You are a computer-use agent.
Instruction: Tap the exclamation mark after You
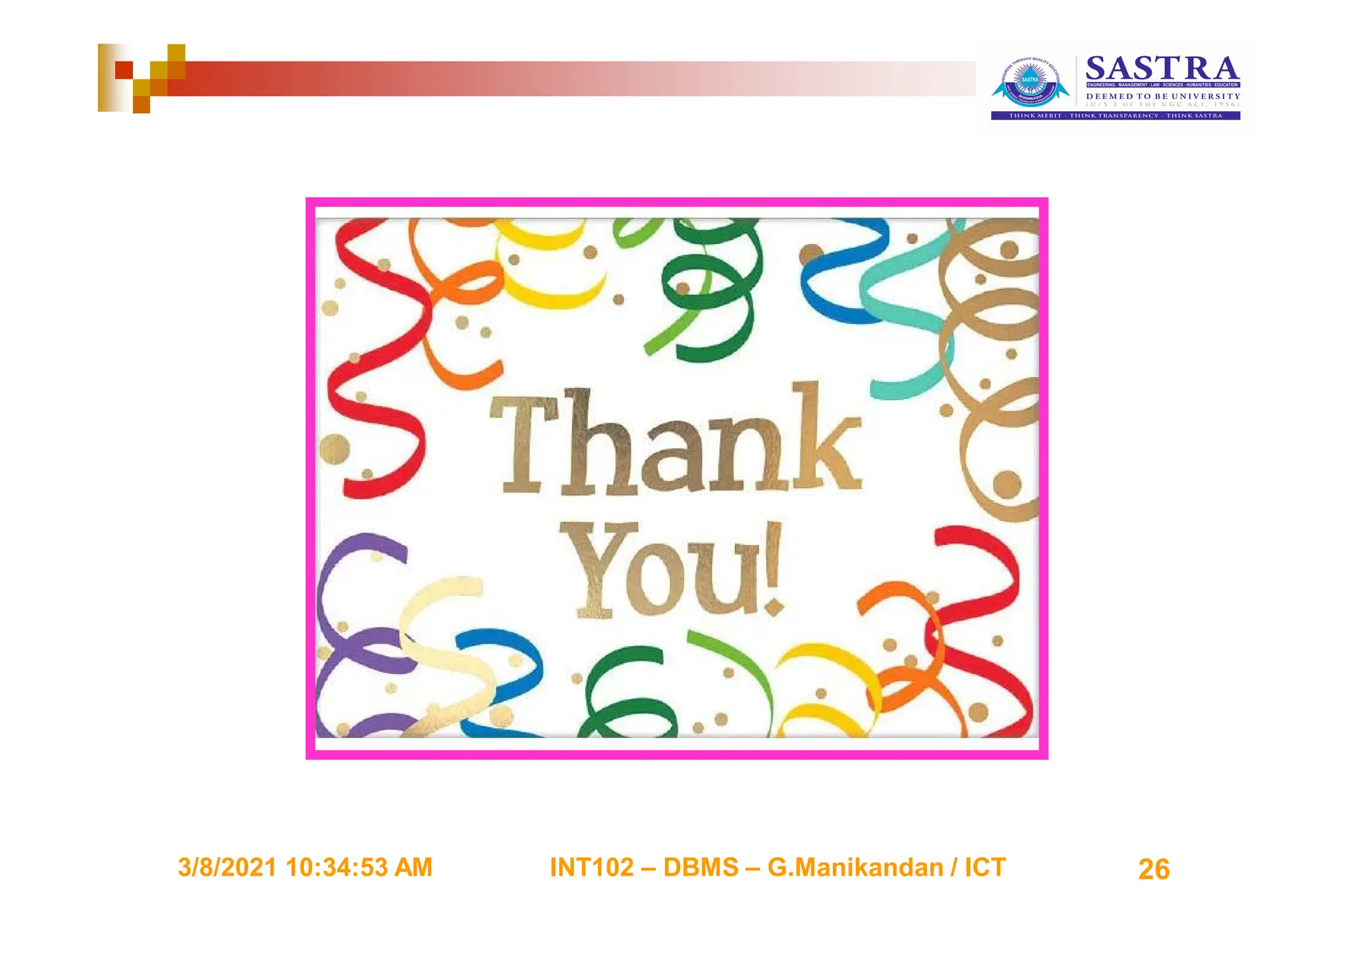pos(774,569)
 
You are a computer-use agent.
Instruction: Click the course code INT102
pos(592,868)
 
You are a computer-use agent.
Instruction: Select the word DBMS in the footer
pos(700,868)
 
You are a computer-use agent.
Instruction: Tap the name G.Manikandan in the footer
pos(855,868)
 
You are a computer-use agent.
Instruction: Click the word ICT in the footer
pos(984,868)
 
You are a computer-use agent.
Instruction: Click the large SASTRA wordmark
pos(1162,69)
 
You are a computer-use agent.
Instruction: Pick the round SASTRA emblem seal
pos(1030,83)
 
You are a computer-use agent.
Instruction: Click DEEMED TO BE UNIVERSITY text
pos(1163,97)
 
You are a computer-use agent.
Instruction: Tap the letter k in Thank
pos(826,440)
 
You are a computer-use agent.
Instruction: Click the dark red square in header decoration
pos(124,69)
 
